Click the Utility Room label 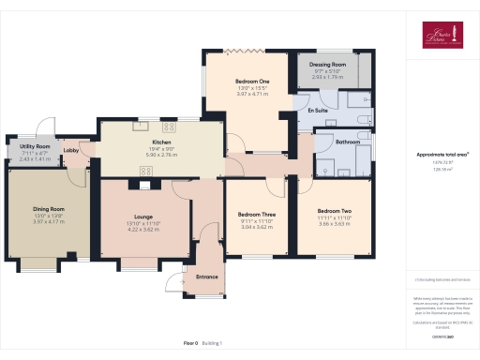[29, 147]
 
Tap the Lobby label [71, 150]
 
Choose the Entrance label [206, 277]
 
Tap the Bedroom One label [251, 81]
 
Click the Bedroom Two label [334, 211]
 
